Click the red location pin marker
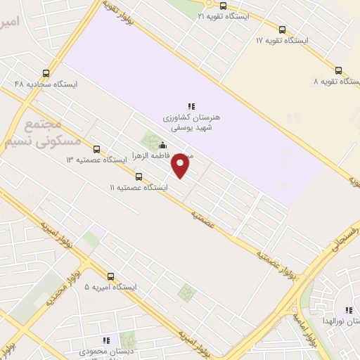pos(181,165)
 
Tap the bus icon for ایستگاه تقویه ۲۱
pos(223,6)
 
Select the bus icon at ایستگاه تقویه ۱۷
pos(282,30)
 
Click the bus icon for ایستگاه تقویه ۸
pos(338,70)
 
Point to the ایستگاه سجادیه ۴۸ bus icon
pos(46,72)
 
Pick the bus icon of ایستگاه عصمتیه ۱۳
pos(97,149)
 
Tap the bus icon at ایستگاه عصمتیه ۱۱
pos(139,176)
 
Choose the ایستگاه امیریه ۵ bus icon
pos(110,276)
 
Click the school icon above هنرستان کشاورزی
pos(191,107)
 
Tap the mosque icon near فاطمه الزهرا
pos(163,146)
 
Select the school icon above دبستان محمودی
pos(107,340)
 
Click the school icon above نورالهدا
pos(347,310)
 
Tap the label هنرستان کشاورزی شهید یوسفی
pos(192,123)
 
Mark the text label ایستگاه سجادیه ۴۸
pos(46,84)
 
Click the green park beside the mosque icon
pos(150,140)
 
